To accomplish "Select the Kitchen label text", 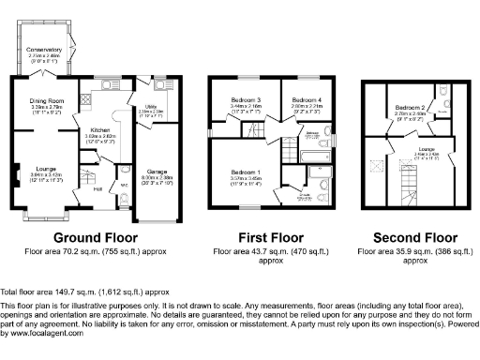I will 100,130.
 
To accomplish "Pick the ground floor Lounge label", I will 44,169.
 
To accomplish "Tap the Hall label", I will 98,188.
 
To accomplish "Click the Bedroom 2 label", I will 408,108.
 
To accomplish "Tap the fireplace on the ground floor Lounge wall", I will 14,172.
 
